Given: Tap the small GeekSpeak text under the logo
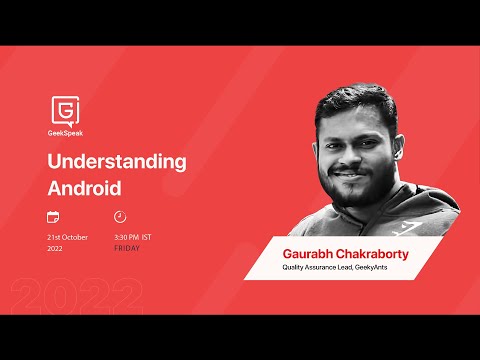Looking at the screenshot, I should point(65,130).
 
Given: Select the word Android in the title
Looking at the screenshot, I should point(84,187).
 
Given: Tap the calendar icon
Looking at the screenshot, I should point(53,216).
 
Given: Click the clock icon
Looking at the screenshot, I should point(120,216).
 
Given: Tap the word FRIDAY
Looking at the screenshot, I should point(127,248).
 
